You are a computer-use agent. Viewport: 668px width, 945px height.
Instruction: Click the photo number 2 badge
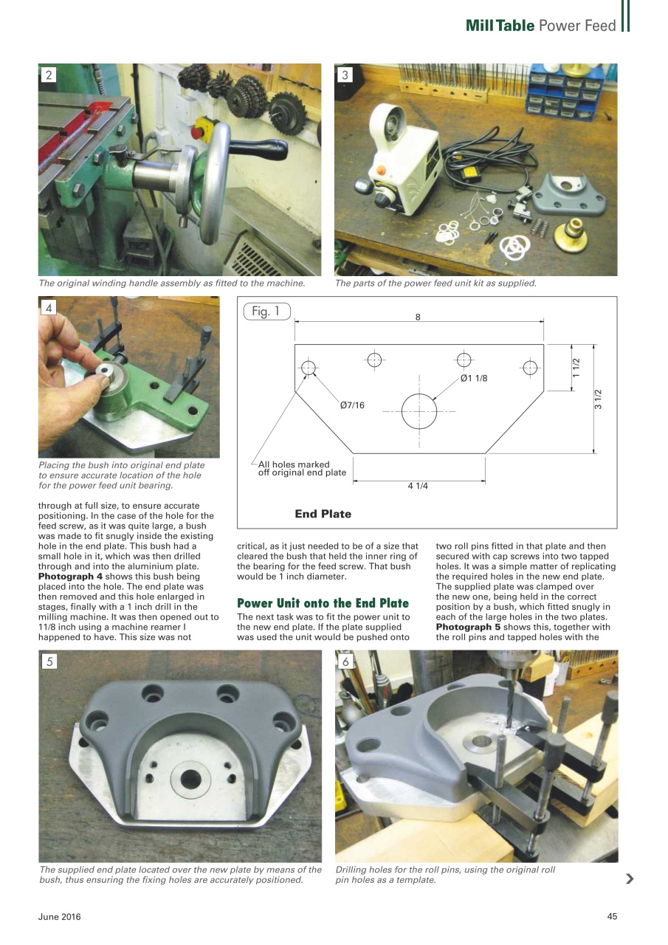[x=49, y=75]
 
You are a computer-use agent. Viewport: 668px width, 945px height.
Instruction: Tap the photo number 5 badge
[x=49, y=661]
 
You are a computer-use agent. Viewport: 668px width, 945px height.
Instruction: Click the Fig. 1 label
[x=266, y=312]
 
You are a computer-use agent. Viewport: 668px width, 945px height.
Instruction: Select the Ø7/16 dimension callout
[x=352, y=405]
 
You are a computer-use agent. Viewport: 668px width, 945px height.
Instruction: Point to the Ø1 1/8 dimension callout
[x=474, y=378]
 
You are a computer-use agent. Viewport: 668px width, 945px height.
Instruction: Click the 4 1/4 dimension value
[x=418, y=486]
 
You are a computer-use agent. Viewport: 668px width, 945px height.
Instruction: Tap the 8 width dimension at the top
[x=418, y=317]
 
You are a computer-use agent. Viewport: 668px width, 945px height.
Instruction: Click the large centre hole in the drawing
[x=419, y=410]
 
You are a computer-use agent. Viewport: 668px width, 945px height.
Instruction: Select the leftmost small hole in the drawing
[x=309, y=368]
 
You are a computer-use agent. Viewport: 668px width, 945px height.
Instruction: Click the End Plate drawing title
[x=323, y=514]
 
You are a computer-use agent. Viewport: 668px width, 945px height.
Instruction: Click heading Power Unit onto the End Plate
[x=323, y=603]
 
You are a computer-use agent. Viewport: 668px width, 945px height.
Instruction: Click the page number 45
[x=611, y=917]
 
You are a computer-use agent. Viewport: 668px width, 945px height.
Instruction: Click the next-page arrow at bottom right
[x=629, y=878]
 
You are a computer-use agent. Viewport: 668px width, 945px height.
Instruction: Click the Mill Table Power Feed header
[x=540, y=26]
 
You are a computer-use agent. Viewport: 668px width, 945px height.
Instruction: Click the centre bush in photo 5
[x=190, y=778]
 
